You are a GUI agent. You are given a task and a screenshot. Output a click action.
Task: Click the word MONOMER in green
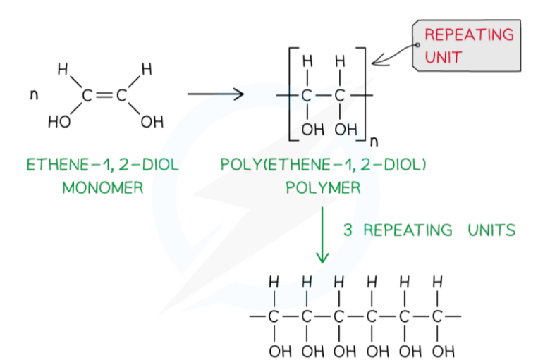coord(102,188)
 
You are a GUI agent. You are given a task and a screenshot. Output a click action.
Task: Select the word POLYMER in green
coord(323,188)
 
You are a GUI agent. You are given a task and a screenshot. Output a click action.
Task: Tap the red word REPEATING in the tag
coord(469,34)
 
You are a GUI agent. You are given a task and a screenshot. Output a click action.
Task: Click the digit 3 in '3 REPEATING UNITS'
coord(348,230)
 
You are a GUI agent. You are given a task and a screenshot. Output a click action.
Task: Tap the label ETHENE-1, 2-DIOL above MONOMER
coord(102,166)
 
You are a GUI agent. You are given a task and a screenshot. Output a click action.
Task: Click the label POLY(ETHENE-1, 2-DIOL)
coord(324,166)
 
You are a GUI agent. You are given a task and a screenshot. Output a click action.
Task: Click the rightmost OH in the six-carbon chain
coord(438,350)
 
